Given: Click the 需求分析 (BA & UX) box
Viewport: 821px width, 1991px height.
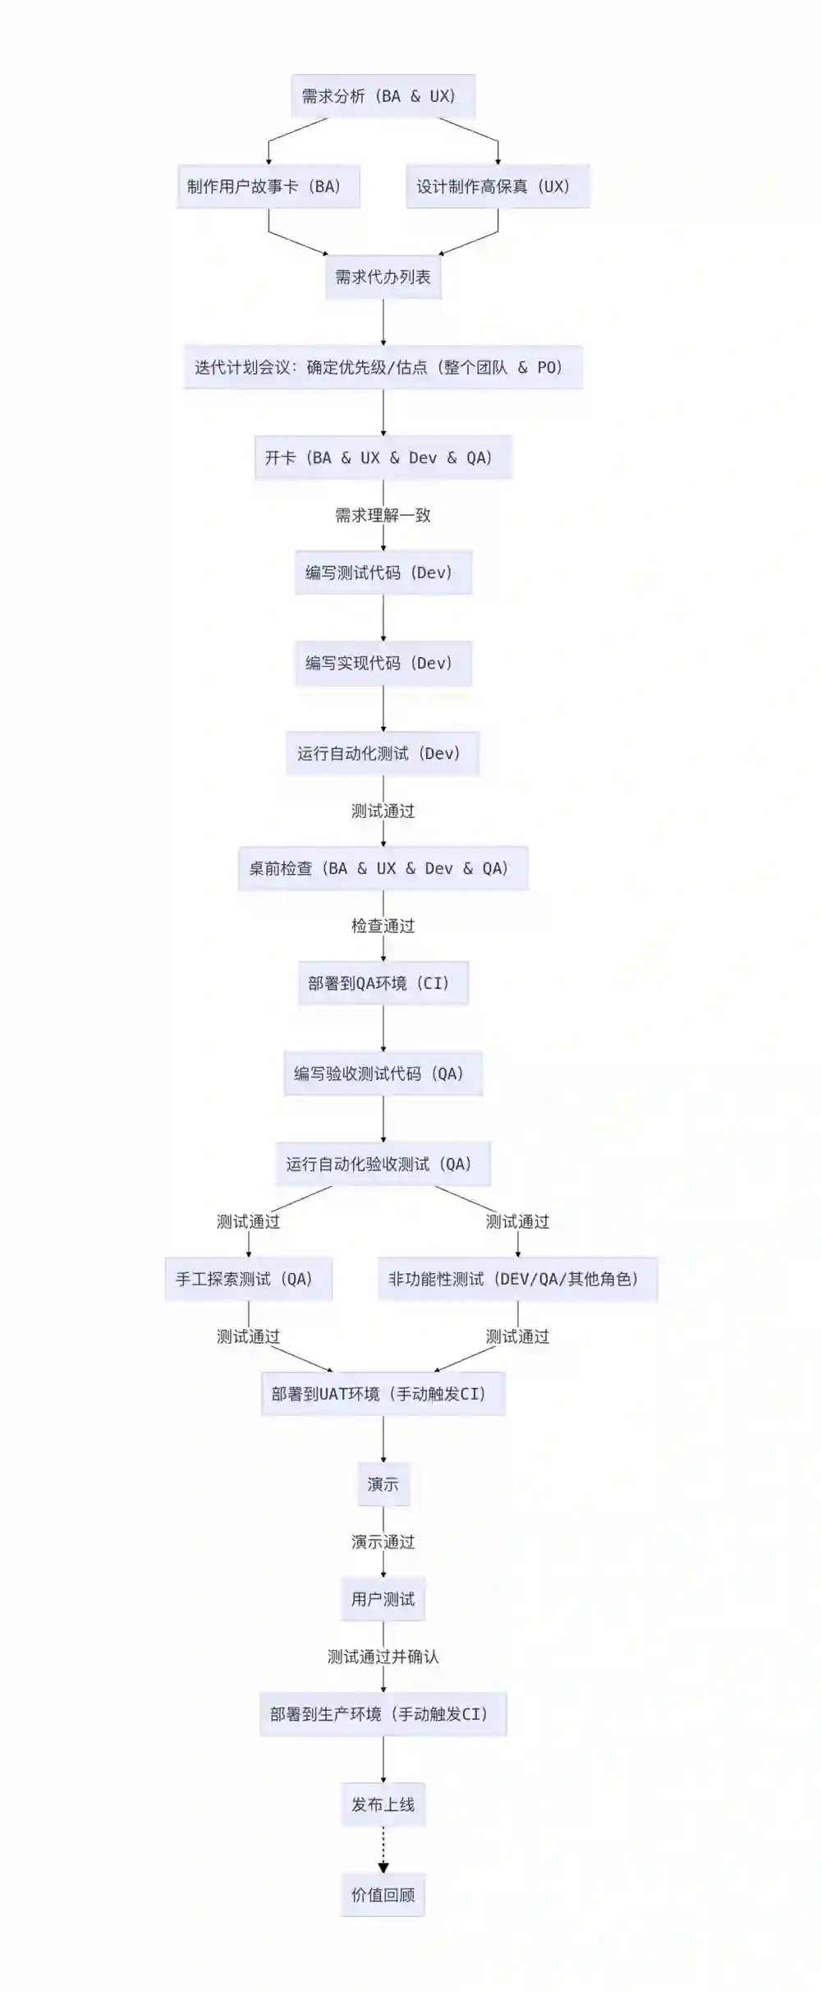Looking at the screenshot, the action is point(383,96).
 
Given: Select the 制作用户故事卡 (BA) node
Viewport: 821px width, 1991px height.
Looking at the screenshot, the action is point(268,186).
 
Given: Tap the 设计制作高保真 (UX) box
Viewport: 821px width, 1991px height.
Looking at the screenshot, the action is point(498,186).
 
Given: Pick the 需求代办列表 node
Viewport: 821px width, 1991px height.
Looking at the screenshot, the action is point(383,277).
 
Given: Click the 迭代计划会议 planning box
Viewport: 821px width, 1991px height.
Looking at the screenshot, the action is point(383,367).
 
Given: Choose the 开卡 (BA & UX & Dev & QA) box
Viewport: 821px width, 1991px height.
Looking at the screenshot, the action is point(383,458).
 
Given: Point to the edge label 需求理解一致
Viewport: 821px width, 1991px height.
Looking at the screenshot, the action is point(383,515).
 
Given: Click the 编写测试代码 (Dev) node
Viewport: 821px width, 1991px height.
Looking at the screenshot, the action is point(383,572).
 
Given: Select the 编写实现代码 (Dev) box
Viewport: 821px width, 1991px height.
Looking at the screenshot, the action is point(383,663).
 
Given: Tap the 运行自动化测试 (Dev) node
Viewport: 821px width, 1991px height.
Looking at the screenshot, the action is point(383,753).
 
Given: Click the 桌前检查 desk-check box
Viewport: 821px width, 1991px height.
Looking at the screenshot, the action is point(383,868).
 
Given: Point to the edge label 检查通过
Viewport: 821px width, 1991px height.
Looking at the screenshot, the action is point(383,926).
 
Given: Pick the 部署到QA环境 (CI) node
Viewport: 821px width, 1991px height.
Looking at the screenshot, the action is point(383,983).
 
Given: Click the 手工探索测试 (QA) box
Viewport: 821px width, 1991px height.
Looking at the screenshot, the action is point(248,1279).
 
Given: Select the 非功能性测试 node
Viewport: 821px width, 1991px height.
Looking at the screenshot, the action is point(517,1279).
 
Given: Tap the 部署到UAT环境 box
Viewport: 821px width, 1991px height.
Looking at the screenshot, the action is point(383,1394).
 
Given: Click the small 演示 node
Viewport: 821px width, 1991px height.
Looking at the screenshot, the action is point(383,1484).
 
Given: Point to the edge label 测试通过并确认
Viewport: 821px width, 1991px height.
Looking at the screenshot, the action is point(383,1657).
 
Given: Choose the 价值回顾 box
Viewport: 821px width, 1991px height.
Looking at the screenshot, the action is point(383,1895).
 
